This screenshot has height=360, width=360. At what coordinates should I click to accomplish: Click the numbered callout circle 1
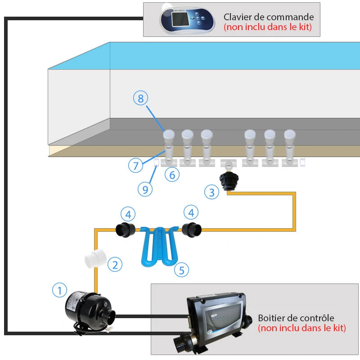pos(59,290)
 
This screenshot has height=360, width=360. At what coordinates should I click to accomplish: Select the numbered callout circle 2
pos(116,265)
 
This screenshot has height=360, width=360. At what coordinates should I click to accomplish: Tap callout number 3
pos(212,193)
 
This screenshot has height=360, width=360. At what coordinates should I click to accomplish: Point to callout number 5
pos(182,270)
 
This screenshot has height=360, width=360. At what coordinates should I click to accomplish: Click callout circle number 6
pos(172,175)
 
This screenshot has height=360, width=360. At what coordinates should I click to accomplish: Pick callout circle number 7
pos(135,166)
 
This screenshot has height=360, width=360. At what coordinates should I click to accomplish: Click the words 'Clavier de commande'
pos(269,17)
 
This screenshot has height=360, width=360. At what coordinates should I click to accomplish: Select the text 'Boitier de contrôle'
pos(296,318)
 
